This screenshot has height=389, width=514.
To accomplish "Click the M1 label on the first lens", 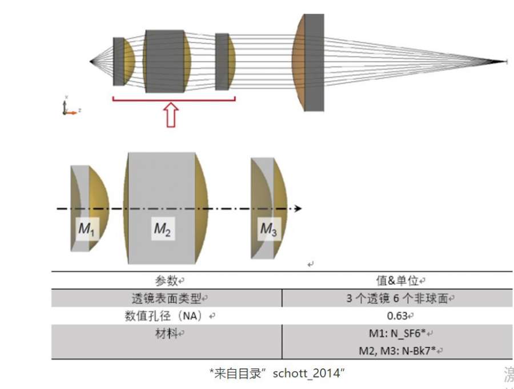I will click(x=85, y=230).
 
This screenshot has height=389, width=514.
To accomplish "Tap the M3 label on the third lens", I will click(x=268, y=229).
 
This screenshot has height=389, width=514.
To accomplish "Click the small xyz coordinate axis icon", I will click(x=68, y=107).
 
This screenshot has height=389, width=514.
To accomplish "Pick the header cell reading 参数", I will click(x=167, y=281).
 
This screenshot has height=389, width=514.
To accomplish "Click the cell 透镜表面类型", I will click(x=167, y=297).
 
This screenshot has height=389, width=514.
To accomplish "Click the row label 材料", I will click(x=167, y=332).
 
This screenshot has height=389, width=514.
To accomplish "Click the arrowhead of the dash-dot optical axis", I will click(x=298, y=209).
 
